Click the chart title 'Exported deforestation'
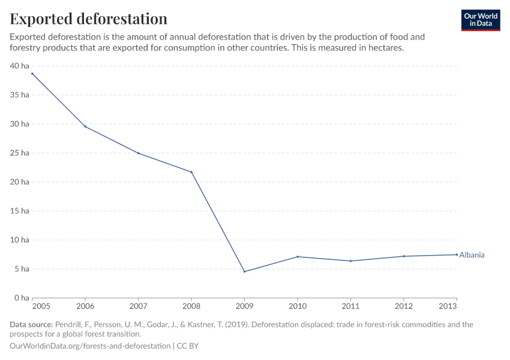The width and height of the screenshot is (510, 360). pos(88,19)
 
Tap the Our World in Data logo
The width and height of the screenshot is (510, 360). pos(480,20)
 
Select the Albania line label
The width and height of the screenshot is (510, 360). pos(472,255)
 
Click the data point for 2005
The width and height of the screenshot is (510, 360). pos(32,74)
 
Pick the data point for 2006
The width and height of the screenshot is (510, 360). pos(85,127)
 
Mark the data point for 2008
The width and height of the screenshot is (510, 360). pos(191,172)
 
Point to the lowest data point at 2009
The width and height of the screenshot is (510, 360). pos(244,272)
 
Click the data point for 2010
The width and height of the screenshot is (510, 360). pos(298,257)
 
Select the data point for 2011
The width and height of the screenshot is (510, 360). pos(350,261)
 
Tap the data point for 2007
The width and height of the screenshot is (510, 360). pos(139,153)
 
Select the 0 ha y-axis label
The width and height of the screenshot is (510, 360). pos(22,298)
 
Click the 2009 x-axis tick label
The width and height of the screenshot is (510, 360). pos(244,307)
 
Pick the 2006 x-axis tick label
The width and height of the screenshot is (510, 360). pos(85,307)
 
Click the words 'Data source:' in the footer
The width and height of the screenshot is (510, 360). pos(31,325)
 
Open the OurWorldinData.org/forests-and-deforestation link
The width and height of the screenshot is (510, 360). pos(90,346)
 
